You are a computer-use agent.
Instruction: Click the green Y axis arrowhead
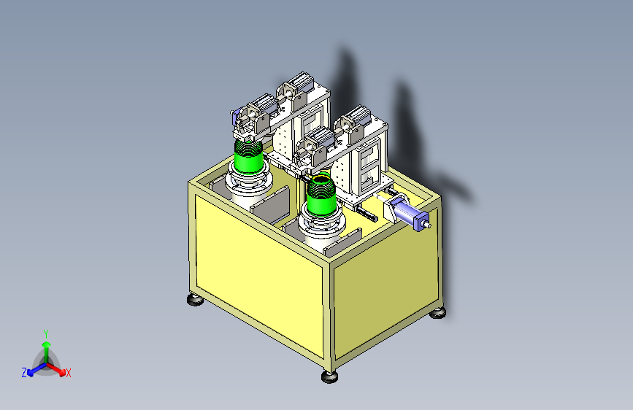(x=47, y=344)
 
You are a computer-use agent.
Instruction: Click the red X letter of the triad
(x=69, y=373)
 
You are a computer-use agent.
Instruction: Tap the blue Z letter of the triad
(x=24, y=373)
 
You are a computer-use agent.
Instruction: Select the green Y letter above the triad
(x=46, y=334)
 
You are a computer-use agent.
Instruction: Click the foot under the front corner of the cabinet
(x=329, y=377)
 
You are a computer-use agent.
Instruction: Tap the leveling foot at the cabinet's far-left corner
(x=196, y=300)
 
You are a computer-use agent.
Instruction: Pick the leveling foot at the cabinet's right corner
(x=437, y=312)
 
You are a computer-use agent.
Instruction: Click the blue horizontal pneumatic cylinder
(x=410, y=214)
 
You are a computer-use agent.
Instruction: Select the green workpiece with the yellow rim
(x=321, y=194)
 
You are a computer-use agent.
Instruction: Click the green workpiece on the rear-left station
(x=249, y=155)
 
